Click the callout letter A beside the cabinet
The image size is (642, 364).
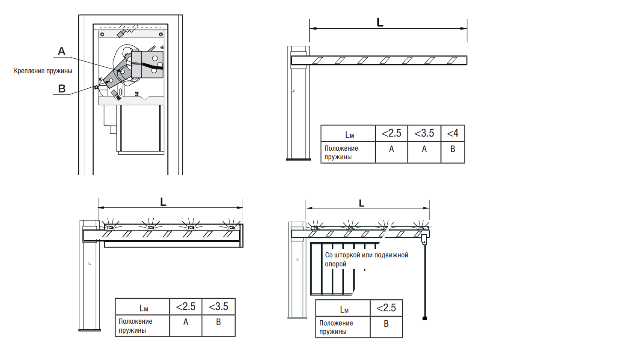pos(62,51)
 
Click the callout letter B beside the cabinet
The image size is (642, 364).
pos(62,89)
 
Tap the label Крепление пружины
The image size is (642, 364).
pos(43,71)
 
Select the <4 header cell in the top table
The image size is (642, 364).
pos(453,133)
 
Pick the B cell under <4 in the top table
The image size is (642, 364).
pos(453,149)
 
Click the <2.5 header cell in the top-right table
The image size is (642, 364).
pos(392,133)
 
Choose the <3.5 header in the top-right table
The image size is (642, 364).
pos(424,133)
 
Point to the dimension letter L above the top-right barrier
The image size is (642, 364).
pos(380,22)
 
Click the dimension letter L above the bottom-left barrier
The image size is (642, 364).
pos(163,202)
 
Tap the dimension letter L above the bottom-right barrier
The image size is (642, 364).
pos(362,203)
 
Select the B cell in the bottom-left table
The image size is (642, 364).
pos(218,322)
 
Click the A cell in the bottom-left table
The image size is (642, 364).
pos(186,322)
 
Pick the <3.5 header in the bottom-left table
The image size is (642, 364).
pos(218,307)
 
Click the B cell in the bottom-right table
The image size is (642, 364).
pos(386,324)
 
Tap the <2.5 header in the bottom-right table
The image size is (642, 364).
pos(386,308)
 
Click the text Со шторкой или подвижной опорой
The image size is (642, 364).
pos(366,259)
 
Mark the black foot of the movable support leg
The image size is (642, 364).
pos(425,318)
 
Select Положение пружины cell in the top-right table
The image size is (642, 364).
pos(341,152)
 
